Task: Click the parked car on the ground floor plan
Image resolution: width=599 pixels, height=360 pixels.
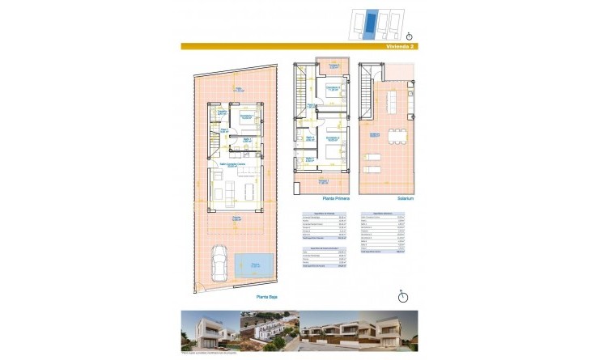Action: point(219,259)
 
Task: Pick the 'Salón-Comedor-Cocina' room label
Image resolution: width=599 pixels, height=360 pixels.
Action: point(236,165)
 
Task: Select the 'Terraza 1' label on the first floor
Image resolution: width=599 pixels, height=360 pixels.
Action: point(323,181)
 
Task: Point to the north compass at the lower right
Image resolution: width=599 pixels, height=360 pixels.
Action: point(403,296)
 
